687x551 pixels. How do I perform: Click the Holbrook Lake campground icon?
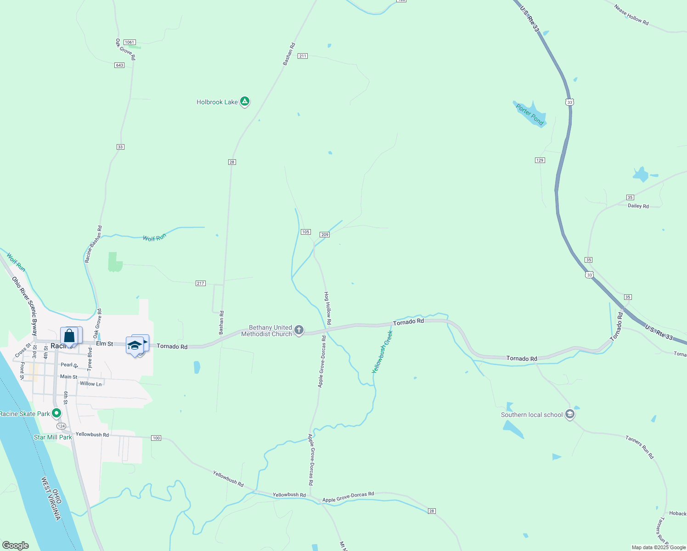(x=245, y=101)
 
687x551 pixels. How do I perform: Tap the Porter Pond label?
(x=529, y=114)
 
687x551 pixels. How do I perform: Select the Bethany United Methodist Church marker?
(x=299, y=330)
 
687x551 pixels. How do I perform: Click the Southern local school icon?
(x=570, y=414)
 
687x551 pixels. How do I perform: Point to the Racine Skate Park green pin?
(x=56, y=413)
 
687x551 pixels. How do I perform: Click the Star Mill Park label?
(x=53, y=437)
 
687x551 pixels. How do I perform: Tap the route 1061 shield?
(x=130, y=42)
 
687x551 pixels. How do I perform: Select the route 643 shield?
(x=119, y=65)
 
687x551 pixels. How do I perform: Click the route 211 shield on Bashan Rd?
(x=302, y=56)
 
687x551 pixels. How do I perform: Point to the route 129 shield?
(x=540, y=160)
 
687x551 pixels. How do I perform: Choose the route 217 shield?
(x=200, y=283)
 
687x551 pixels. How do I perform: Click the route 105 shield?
(x=306, y=232)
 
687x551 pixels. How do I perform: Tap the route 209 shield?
(x=325, y=235)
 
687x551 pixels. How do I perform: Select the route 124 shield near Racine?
(x=62, y=426)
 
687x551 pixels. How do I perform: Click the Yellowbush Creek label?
(x=383, y=351)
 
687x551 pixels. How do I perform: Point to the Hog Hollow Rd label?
(x=328, y=308)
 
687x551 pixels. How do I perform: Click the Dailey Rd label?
(x=638, y=206)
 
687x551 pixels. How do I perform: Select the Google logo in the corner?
(x=15, y=545)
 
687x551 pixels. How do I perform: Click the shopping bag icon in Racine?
(x=69, y=336)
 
